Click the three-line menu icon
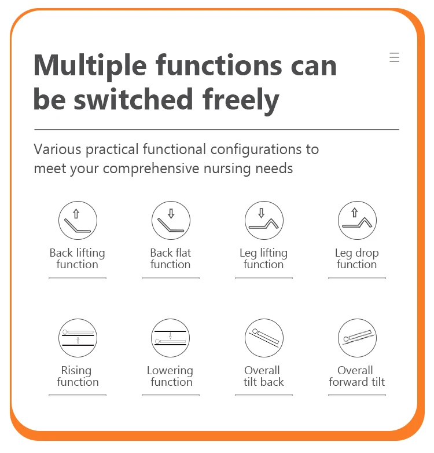click(x=394, y=57)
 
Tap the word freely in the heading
click(x=241, y=100)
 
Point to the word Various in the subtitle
click(x=57, y=149)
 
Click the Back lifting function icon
click(x=78, y=221)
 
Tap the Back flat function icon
click(x=171, y=221)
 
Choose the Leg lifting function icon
click(x=264, y=221)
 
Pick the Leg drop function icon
click(x=357, y=221)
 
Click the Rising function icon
click(x=78, y=338)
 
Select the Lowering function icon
click(x=171, y=338)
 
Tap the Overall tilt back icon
click(x=264, y=338)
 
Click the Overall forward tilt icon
click(x=357, y=338)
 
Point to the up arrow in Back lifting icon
click(x=76, y=214)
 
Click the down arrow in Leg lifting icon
click(x=262, y=213)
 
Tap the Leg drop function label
click(x=357, y=258)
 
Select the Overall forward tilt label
click(x=357, y=376)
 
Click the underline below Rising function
click(x=78, y=395)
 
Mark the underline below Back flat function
click(x=171, y=278)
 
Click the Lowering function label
click(x=170, y=376)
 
